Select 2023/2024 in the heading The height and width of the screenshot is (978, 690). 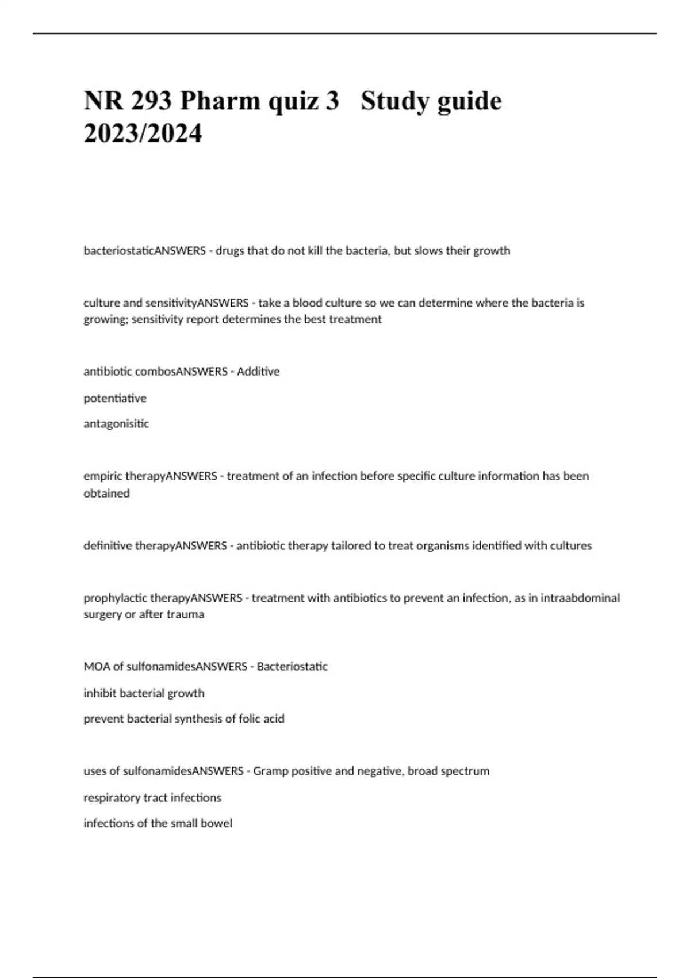point(143,134)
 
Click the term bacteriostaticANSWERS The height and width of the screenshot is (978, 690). point(144,251)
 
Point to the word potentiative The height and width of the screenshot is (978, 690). point(115,398)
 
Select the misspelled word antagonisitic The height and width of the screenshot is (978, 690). point(116,424)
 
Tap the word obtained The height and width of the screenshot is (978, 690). point(106,494)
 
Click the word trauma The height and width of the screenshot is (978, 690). point(185,614)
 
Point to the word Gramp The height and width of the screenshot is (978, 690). point(270,771)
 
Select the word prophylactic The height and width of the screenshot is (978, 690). point(115,598)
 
